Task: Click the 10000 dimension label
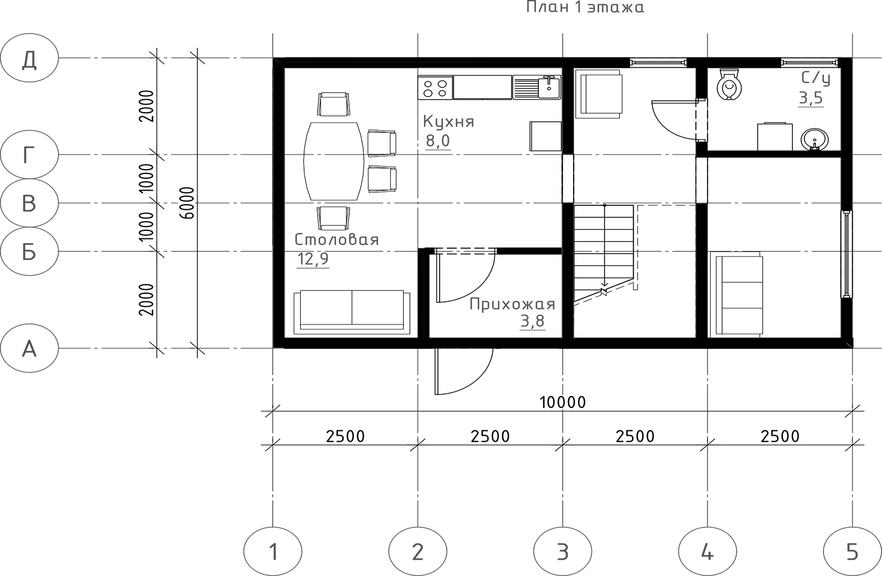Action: pyautogui.click(x=563, y=402)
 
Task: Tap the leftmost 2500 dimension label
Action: pyautogui.click(x=345, y=436)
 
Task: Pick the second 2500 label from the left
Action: pyautogui.click(x=490, y=436)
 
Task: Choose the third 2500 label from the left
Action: pyautogui.click(x=635, y=436)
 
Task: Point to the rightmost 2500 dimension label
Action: pyautogui.click(x=780, y=436)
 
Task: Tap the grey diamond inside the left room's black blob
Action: pyautogui.click(x=334, y=158)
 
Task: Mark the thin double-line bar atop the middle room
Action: pyautogui.click(x=466, y=251)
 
